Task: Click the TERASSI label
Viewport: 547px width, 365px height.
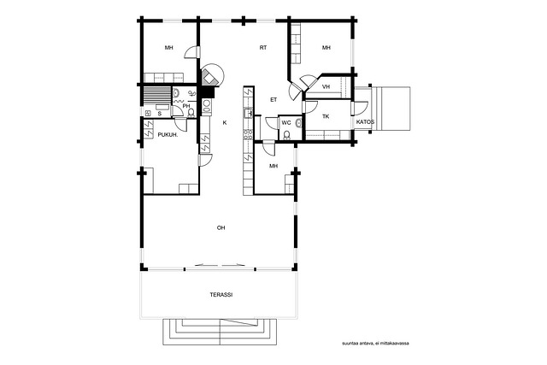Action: tap(221, 295)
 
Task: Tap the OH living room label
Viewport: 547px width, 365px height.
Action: tap(221, 228)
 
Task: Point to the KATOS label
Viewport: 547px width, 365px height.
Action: tap(365, 122)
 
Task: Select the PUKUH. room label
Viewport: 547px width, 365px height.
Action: tap(168, 135)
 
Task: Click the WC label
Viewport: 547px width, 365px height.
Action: tap(286, 123)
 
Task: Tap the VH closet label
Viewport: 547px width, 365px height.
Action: tap(326, 87)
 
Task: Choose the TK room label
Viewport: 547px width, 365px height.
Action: tap(326, 116)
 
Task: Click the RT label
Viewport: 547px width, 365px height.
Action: tap(263, 48)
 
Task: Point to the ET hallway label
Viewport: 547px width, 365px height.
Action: tap(273, 100)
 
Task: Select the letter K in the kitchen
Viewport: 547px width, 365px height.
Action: tap(225, 123)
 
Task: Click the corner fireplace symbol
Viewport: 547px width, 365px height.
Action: tap(209, 78)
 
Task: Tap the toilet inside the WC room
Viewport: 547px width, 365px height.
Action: tap(287, 135)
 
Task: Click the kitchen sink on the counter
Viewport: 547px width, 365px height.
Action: tap(248, 113)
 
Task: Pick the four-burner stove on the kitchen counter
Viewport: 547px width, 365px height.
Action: tap(248, 135)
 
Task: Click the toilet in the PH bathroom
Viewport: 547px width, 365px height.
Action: tap(191, 113)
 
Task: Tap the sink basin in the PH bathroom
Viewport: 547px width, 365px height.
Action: tap(176, 93)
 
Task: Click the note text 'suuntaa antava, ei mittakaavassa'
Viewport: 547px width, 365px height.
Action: tap(376, 344)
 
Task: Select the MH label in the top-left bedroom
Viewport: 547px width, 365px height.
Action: tap(169, 48)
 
